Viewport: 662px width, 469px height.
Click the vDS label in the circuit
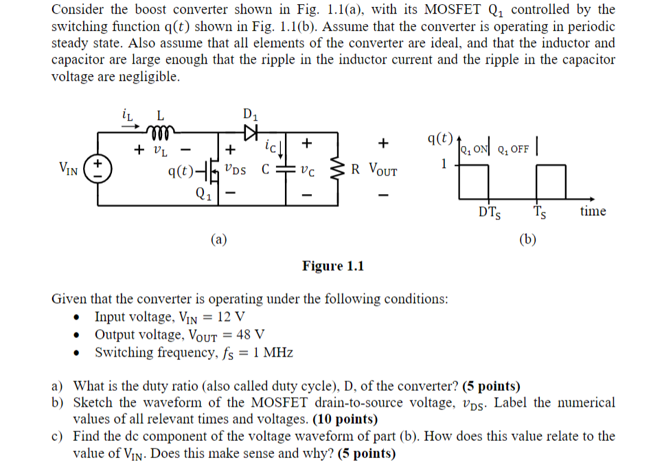click(x=236, y=167)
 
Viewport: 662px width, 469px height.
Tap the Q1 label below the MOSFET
click(x=202, y=193)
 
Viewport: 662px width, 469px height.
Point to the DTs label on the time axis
click(x=489, y=213)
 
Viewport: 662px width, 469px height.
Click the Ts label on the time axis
click(x=540, y=213)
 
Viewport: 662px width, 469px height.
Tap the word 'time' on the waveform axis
click(x=592, y=211)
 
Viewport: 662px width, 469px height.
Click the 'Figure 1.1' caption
click(x=332, y=266)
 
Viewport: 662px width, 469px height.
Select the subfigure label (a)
click(x=218, y=239)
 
